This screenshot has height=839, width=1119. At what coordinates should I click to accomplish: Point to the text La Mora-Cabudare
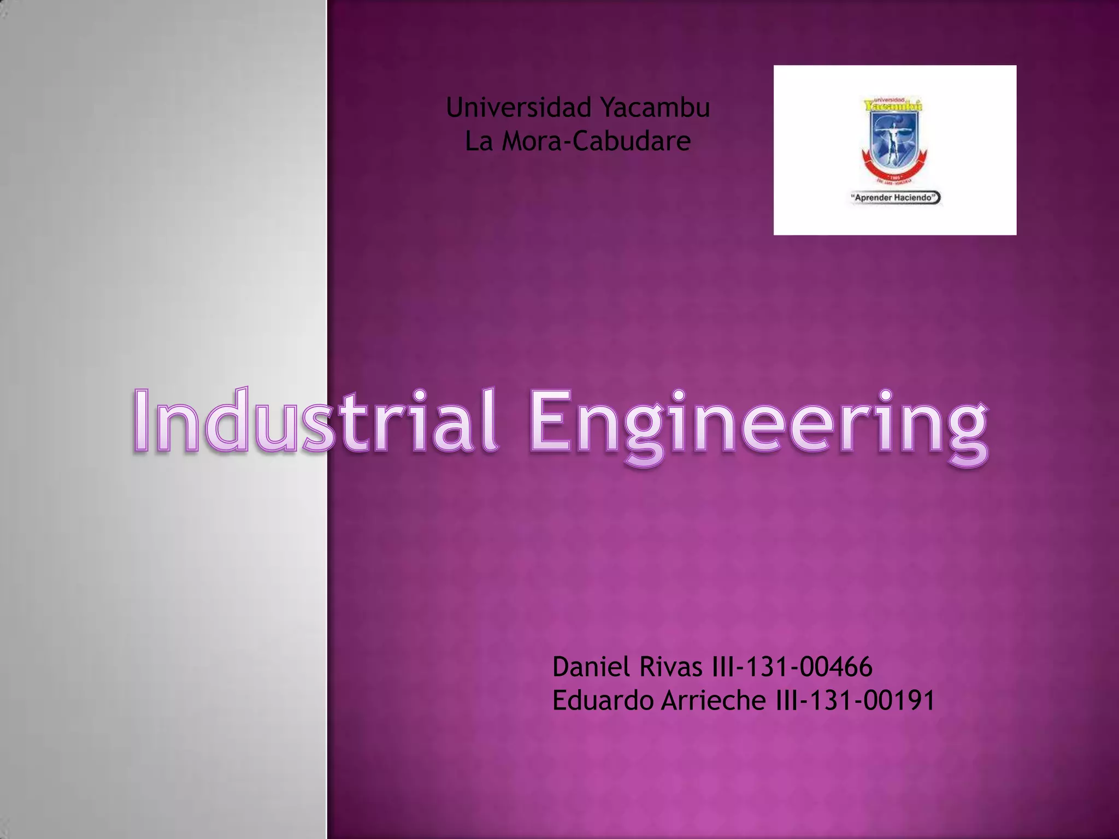pos(578,141)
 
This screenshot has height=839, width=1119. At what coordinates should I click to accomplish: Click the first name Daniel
pos(591,667)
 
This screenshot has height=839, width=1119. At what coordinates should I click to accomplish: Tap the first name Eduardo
pos(603,701)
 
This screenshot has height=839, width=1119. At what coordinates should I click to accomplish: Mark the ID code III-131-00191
pos(855,701)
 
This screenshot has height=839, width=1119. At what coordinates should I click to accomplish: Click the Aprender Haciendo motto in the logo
pos(895,198)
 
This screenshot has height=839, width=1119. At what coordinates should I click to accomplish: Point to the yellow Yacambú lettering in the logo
pos(894,106)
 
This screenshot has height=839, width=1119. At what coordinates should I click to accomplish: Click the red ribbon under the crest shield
pos(894,169)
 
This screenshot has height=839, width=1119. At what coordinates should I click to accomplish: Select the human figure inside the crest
pos(891,139)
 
